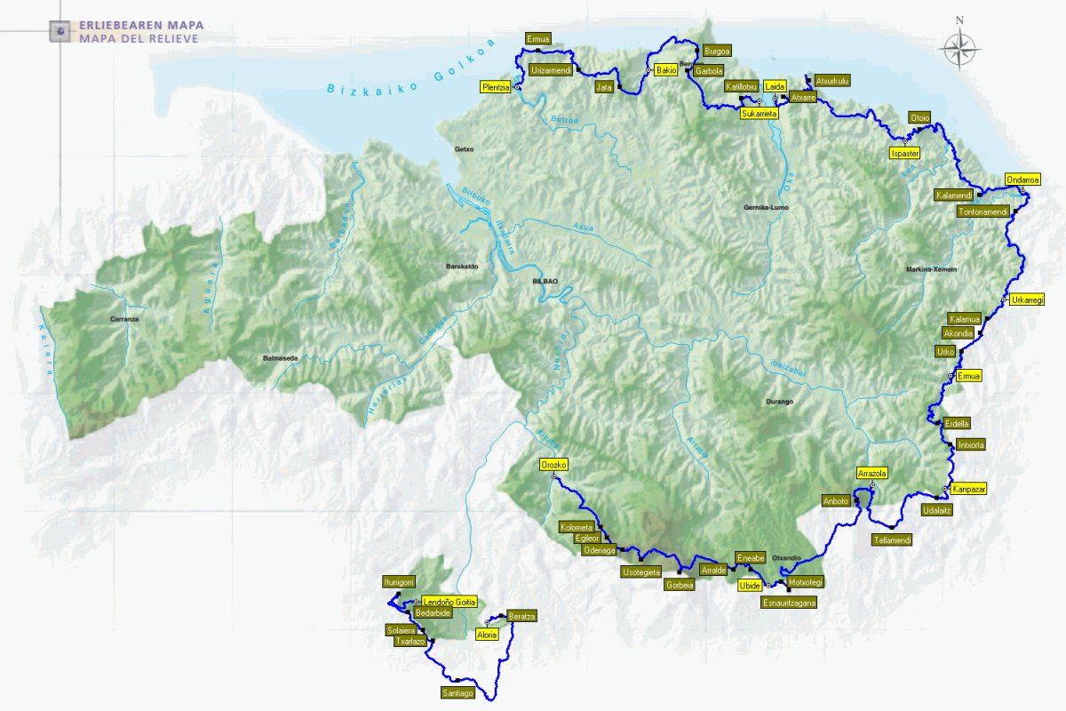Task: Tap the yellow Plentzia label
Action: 496,87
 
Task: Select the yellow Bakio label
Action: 666,70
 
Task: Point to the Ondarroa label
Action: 1022,180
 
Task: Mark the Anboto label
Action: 837,500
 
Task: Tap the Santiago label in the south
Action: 457,693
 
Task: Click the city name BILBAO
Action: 545,281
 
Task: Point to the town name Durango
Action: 778,402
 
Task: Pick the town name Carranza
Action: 125,318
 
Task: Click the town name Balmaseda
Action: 280,358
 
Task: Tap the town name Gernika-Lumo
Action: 766,207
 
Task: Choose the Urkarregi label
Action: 1027,300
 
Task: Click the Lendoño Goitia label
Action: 449,602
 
